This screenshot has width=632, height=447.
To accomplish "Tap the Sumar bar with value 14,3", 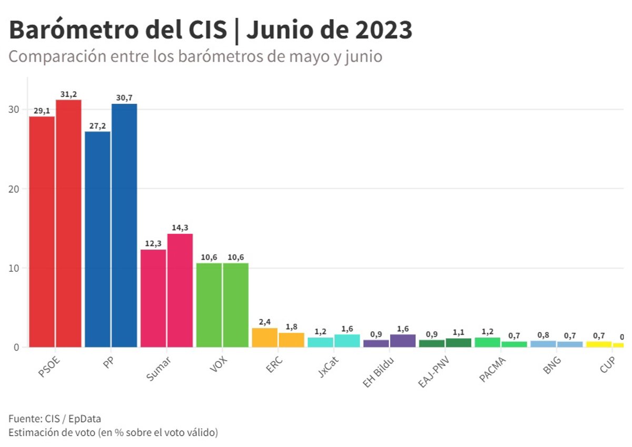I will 180,290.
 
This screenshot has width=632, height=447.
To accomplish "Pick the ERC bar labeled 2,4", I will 264,337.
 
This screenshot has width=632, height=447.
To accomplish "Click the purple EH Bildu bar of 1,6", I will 403,341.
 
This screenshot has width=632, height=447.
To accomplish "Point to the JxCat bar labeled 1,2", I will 320,342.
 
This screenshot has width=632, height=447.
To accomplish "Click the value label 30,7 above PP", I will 124,98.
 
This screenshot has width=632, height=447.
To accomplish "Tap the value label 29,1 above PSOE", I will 42,111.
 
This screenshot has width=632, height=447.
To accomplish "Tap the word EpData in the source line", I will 85,419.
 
